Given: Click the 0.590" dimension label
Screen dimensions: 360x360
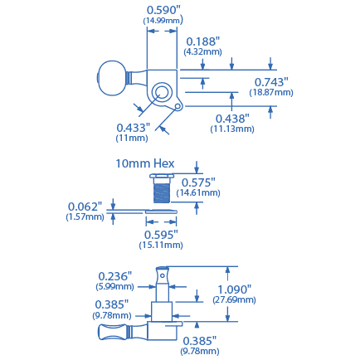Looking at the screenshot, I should click(x=163, y=9).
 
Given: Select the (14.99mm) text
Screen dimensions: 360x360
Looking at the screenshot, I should click(x=163, y=20).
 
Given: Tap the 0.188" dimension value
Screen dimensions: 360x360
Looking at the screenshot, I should click(x=202, y=41).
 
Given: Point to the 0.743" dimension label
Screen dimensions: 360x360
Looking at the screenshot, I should click(x=271, y=81).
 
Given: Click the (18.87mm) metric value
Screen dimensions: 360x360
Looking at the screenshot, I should click(x=271, y=92).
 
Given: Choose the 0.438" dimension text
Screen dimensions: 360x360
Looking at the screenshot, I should click(x=232, y=119).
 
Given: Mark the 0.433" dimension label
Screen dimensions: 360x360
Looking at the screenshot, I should click(x=133, y=127).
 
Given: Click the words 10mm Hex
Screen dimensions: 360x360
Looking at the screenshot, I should click(x=145, y=163).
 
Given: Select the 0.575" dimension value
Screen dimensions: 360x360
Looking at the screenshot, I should click(x=198, y=182).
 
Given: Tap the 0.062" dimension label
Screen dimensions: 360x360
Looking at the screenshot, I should click(x=85, y=206).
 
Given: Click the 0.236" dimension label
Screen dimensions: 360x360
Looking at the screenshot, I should click(x=115, y=276).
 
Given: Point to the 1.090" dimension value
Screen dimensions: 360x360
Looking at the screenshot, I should click(x=235, y=289).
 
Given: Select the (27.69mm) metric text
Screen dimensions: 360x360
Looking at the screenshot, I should click(x=235, y=299).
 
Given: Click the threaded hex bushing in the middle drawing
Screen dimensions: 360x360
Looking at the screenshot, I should click(x=162, y=190).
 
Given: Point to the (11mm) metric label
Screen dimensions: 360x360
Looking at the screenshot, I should click(x=132, y=138).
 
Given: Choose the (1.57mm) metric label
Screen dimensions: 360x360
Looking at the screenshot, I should click(x=85, y=216).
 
